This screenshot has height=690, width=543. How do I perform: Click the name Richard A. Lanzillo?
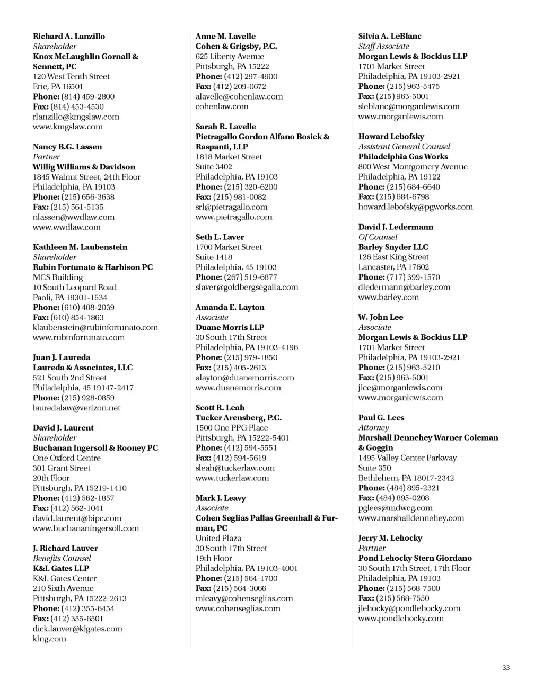coord(69,37)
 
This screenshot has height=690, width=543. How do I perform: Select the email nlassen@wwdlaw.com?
coord(74,217)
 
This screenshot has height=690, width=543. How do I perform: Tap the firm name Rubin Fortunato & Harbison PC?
coord(93,267)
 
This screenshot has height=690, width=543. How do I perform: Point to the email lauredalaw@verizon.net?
coord(76,408)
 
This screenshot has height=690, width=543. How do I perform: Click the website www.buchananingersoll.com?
coord(86,528)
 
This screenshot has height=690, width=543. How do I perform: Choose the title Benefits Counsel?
coord(62,558)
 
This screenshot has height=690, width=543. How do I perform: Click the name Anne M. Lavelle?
coord(225,37)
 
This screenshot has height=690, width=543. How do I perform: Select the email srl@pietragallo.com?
coord(231,207)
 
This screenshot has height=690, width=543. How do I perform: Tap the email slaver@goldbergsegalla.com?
coord(247,287)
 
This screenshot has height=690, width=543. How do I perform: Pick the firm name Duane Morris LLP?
coord(230,327)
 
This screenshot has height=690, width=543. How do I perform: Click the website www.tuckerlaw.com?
coord(232,478)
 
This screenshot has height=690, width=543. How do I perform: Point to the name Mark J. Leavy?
coord(221,498)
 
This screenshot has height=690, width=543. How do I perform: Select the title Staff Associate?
coord(383,46)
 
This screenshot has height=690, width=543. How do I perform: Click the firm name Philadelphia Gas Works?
coord(403,157)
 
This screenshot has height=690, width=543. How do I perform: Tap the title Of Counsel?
coord(378,237)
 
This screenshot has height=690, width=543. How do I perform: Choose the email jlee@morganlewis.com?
coord(400,388)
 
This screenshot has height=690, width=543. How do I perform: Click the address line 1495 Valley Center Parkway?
coord(407,458)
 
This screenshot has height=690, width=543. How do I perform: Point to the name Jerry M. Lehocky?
coord(390,538)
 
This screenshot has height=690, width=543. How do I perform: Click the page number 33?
coord(506,668)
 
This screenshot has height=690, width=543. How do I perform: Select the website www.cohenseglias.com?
coord(238,608)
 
